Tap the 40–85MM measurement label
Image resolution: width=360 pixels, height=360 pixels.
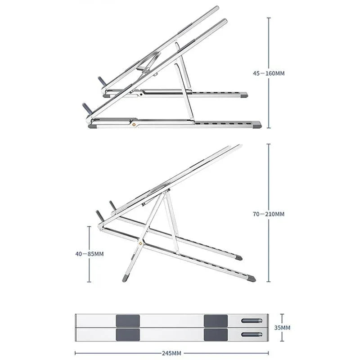tap(90, 254)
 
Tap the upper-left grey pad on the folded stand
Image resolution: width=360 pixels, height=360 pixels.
tap(128, 321)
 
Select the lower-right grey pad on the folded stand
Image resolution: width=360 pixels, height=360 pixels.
tap(216, 334)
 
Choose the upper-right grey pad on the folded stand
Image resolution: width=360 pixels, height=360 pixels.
tap(216, 321)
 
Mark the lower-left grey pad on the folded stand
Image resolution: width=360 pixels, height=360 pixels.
tap(128, 334)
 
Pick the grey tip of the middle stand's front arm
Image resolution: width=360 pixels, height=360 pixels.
tap(251, 279)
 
